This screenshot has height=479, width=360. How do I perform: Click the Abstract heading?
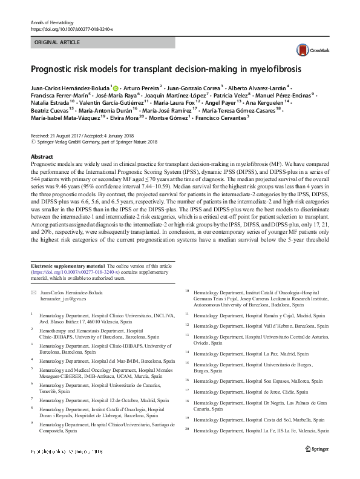click(42, 156)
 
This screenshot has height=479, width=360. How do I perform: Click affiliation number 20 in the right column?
click(187, 429)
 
